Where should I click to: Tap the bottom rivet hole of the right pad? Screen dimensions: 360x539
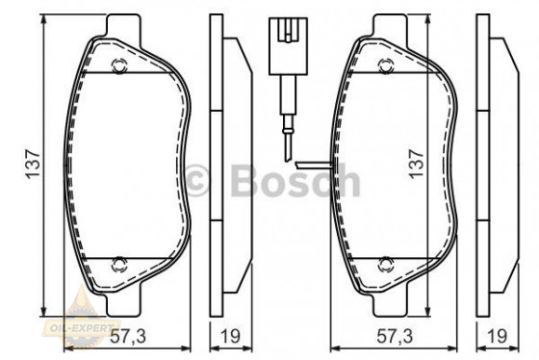385,262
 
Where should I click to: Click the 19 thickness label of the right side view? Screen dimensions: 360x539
497,336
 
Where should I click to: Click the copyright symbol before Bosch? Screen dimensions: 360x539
200,180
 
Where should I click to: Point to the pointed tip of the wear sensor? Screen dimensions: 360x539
288,156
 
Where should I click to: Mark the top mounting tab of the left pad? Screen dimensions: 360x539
120,23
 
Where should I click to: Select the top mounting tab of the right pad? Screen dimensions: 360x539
385,23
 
